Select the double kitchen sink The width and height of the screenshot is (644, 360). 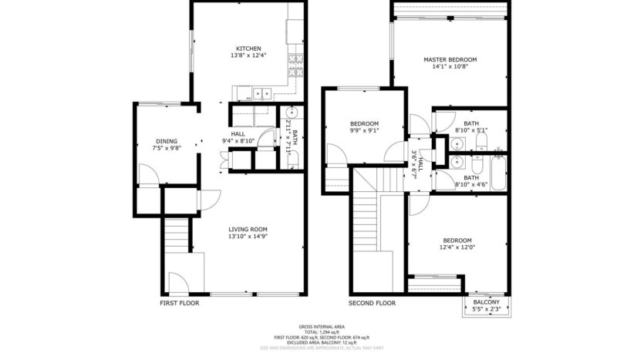[260, 94]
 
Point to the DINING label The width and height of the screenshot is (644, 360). [167, 141]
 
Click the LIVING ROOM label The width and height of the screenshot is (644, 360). [248, 229]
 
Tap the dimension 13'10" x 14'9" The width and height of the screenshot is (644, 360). [248, 237]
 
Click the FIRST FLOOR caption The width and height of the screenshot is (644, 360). [179, 303]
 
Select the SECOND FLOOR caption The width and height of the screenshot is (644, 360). [372, 303]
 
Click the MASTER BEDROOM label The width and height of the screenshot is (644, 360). [450, 59]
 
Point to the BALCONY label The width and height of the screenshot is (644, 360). [486, 301]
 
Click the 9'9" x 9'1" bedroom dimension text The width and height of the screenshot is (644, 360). [364, 131]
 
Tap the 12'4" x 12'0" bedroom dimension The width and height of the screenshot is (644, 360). [457, 247]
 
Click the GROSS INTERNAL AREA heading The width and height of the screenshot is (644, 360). [322, 327]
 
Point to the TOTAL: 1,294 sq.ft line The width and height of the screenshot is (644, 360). [322, 332]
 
